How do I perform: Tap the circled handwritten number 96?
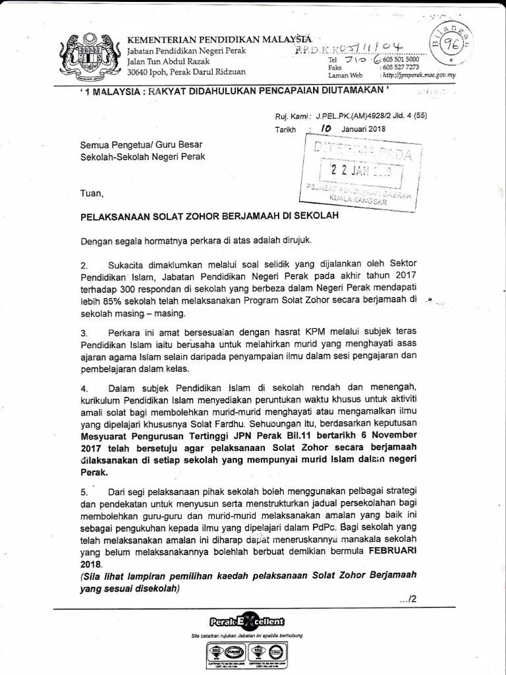pos(451,47)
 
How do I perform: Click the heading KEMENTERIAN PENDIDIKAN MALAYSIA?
pos(219,38)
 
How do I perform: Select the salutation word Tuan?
pos(92,193)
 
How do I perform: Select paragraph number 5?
pos(84,492)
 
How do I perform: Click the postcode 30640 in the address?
pos(139,71)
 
